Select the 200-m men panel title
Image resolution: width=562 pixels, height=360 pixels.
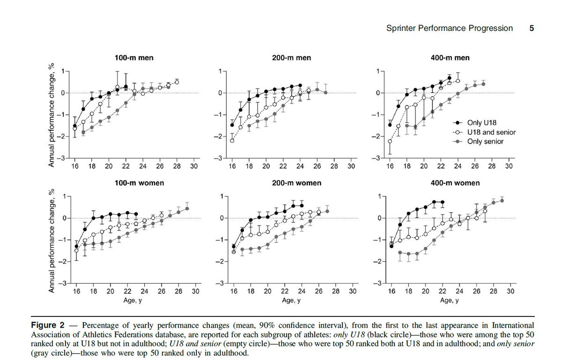tap(292, 58)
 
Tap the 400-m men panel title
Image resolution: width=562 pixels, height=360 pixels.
tap(450, 58)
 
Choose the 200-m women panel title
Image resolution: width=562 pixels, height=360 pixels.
tap(292, 183)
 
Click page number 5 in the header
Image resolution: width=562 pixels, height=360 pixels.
tap(532, 28)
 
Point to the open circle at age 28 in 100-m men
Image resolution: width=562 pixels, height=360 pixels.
tap(177, 82)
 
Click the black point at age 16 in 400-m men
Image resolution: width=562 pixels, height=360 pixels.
tap(390, 125)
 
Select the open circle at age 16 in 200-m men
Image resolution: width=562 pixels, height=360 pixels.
tap(232, 141)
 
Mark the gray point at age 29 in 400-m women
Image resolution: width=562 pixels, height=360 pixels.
tap(502, 201)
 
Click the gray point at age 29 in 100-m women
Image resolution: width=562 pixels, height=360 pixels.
tap(187, 209)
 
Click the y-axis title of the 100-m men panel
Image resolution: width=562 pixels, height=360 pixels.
tap(53, 114)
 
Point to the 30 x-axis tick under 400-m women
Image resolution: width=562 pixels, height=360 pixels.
tap(510, 291)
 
